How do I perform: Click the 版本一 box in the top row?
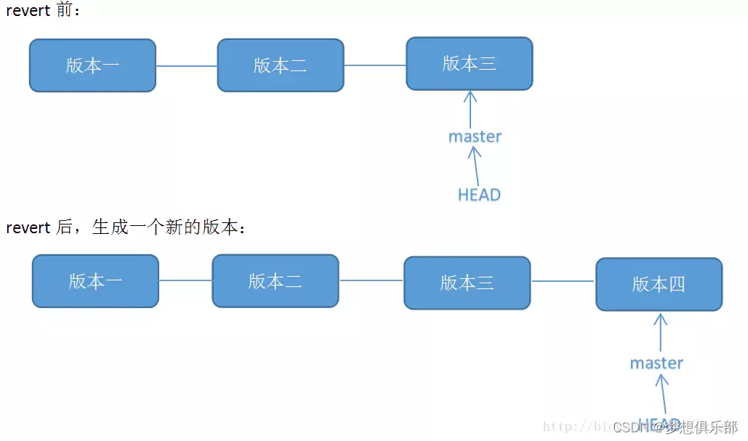pyautogui.click(x=92, y=65)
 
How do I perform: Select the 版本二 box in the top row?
pyautogui.click(x=281, y=65)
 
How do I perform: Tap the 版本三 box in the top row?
pyautogui.click(x=470, y=64)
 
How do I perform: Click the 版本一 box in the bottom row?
pyautogui.click(x=95, y=281)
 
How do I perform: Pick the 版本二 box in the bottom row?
pyautogui.click(x=275, y=280)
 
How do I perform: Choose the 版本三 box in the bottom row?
pyautogui.click(x=467, y=282)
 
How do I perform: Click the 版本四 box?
pyautogui.click(x=659, y=284)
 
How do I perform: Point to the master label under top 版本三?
pyautogui.click(x=475, y=137)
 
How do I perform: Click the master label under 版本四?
pyautogui.click(x=656, y=363)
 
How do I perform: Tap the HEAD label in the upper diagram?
pyautogui.click(x=479, y=195)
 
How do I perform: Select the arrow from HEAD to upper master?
pyautogui.click(x=476, y=166)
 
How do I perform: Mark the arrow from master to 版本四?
pyautogui.click(x=660, y=333)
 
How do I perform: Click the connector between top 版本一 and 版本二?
pyautogui.click(x=187, y=66)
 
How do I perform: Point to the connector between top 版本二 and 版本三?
pyautogui.click(x=375, y=65)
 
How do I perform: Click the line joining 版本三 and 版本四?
pyautogui.click(x=563, y=281)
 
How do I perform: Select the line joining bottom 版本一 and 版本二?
pyautogui.click(x=185, y=280)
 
